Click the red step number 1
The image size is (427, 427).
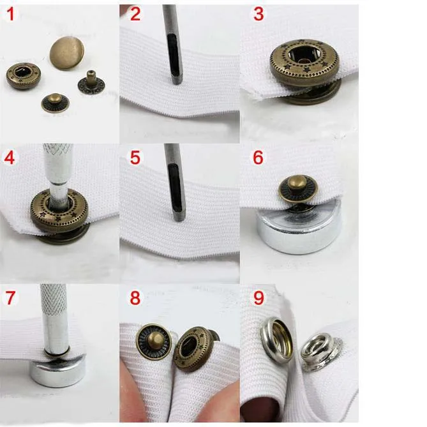(x=11, y=15)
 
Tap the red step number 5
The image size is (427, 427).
(x=135, y=158)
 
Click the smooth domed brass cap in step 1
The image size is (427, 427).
(x=67, y=53)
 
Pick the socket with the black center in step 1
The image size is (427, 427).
(x=24, y=76)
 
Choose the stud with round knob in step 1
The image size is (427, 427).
(x=56, y=103)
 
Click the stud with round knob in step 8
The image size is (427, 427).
(x=154, y=341)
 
